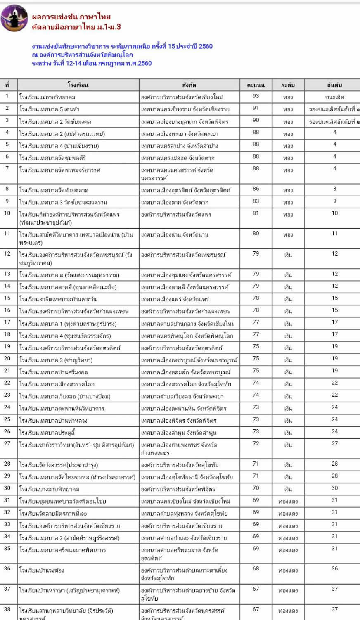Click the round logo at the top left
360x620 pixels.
coord(14,19)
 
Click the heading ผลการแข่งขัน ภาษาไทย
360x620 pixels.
coord(71,17)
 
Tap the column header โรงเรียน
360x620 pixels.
coord(78,85)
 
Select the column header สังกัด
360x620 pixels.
coord(189,85)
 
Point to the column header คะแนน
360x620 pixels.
coord(256,85)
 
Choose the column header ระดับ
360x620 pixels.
coord(288,85)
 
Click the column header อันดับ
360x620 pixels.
coord(334,85)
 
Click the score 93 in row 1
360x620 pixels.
coord(256,96)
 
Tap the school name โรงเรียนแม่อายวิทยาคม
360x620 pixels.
coord(47,97)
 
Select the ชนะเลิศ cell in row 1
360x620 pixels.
coord(334,97)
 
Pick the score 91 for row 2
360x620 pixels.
coord(256,108)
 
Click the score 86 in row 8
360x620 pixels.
coord(256,189)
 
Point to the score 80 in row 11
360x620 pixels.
coord(256,233)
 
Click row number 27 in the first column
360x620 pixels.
coord(7,443)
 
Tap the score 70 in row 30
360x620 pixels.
coord(256,488)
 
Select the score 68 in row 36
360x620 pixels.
coord(256,568)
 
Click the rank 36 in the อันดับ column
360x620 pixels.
coord(334,568)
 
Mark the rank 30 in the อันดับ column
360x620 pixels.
coord(334,488)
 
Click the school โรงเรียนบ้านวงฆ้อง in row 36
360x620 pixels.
coord(42,570)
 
